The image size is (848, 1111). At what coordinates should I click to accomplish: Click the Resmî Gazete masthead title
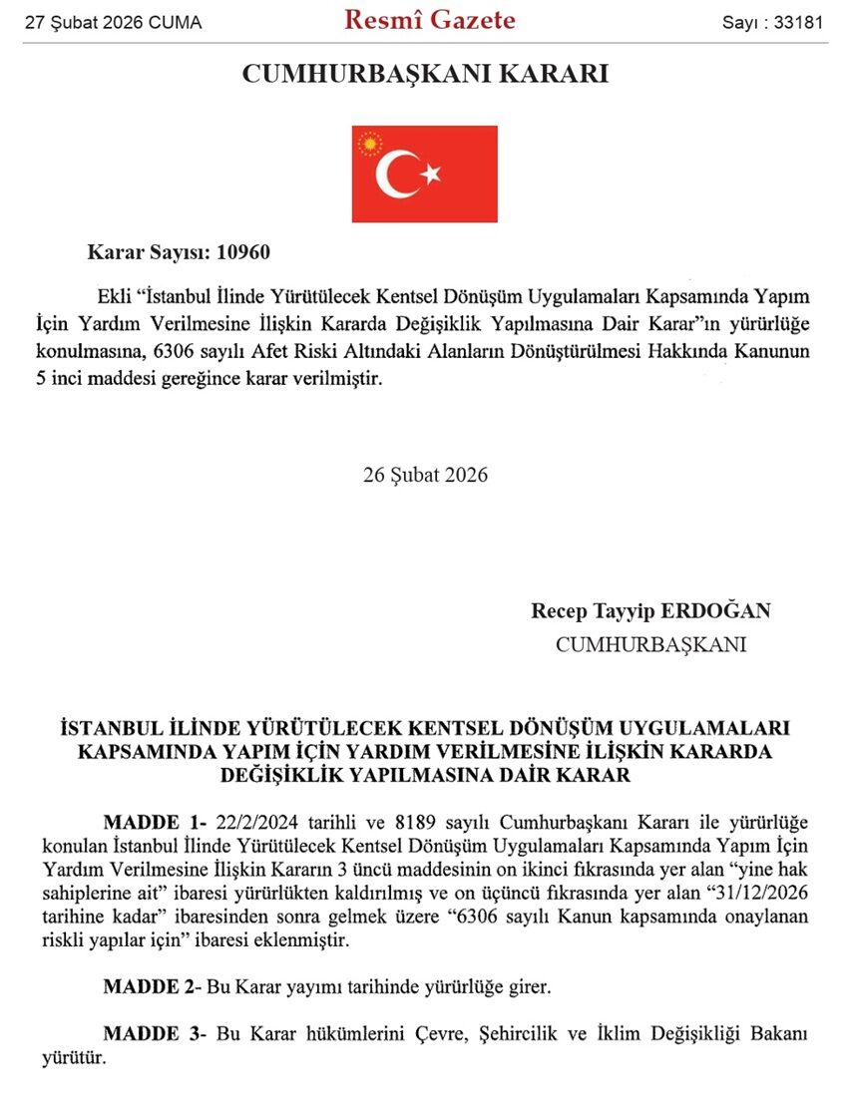430,20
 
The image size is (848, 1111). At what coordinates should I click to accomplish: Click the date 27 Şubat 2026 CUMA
113,22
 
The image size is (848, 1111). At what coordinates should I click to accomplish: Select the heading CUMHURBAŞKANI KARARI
425,75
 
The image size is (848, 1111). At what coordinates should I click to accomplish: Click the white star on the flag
431,175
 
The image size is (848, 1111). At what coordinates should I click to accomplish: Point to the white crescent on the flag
394,175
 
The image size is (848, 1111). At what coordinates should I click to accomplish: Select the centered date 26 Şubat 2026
425,474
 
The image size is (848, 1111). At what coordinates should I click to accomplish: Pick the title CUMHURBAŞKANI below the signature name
650,644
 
